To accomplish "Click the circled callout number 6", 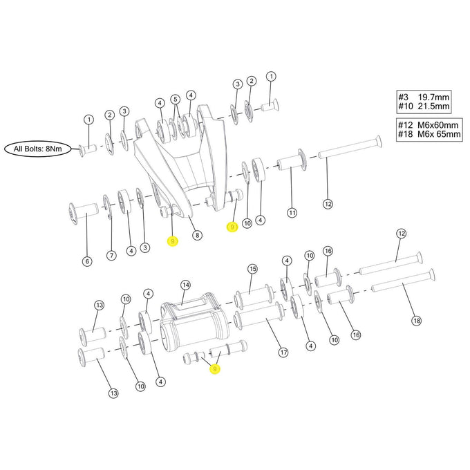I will [x=87, y=261].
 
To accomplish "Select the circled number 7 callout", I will [x=111, y=256].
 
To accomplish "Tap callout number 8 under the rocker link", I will [x=198, y=235].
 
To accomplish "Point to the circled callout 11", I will [x=292, y=212].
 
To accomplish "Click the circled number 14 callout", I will [x=185, y=284].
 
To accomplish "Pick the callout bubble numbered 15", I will [x=252, y=268].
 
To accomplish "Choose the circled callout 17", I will [x=283, y=352].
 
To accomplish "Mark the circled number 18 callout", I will [x=415, y=320].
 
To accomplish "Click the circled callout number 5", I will [x=176, y=99].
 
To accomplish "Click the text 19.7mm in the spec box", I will [x=433, y=98].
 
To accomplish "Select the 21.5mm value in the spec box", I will [x=433, y=109].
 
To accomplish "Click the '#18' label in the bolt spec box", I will [x=406, y=135].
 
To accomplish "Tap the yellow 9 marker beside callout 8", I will [x=173, y=241].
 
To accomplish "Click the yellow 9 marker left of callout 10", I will [x=232, y=226].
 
